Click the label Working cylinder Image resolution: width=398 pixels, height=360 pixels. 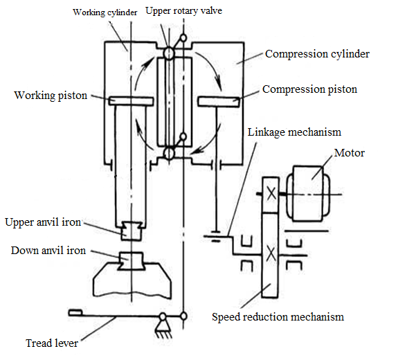[x=105, y=12]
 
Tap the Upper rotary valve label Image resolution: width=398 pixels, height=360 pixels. [x=183, y=10]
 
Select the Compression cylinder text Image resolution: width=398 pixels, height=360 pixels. [x=317, y=54]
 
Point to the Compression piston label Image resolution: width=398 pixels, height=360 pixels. [x=309, y=89]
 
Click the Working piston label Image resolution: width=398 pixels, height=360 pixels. [x=51, y=96]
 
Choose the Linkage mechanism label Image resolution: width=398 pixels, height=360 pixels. [x=294, y=132]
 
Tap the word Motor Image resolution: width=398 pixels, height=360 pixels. [x=350, y=153]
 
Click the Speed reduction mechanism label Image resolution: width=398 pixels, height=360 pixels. [x=278, y=317]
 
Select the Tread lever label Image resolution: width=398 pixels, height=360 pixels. [x=52, y=343]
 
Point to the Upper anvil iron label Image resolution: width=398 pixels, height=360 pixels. [x=43, y=222]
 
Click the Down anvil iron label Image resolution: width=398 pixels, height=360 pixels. [x=48, y=251]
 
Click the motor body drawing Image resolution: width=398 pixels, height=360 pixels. [x=308, y=193]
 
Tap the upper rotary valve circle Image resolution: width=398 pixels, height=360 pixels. [x=168, y=53]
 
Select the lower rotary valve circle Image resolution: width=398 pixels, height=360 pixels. [x=168, y=154]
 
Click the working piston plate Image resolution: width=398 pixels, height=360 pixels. [x=131, y=101]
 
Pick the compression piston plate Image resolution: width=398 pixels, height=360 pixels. [x=219, y=102]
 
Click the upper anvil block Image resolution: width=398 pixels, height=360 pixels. [x=131, y=231]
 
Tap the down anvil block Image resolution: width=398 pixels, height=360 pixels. [x=131, y=261]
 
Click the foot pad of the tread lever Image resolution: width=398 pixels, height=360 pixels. [x=75, y=313]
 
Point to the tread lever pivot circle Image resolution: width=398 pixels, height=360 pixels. [x=163, y=317]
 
